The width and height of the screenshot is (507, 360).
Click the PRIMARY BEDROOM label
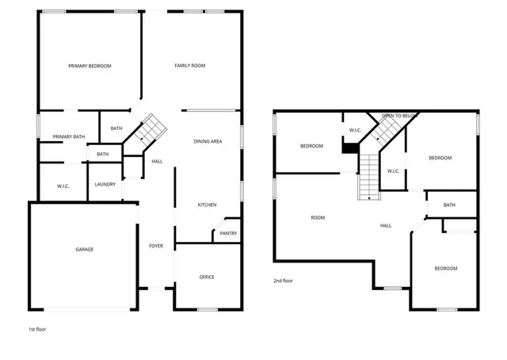pos(90,66)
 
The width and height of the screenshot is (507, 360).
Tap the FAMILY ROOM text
pos(190,66)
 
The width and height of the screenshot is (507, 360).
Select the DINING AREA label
pos(208,141)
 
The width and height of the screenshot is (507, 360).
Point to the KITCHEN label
pos(207,205)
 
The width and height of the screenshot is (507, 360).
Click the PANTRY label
pos(228,233)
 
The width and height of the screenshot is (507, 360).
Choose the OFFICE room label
pos(207,277)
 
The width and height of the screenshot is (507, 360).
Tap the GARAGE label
pos(85,250)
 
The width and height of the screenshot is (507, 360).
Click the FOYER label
pos(156,246)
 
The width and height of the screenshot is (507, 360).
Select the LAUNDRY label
pos(105,185)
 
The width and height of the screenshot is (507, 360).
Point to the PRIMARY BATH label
pos(69,137)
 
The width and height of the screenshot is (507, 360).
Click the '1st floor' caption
pos(37,328)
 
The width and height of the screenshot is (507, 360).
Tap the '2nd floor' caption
pos(284,281)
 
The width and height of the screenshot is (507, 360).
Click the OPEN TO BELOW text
pos(400,117)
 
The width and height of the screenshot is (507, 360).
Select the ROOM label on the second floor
pos(318,217)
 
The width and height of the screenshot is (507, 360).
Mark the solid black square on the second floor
pos(349,147)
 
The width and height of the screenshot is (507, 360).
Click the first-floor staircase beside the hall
pos(151,128)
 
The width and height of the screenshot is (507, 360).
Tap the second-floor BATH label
pos(449,205)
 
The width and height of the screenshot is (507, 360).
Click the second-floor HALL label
pos(386,225)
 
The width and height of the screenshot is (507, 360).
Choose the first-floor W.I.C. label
pos(64,186)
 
